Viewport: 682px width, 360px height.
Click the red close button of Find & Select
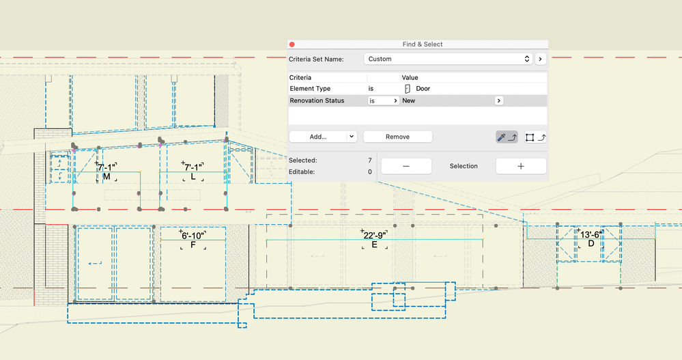292,44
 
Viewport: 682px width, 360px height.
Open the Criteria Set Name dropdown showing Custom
448,59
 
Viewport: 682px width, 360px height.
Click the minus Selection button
406,166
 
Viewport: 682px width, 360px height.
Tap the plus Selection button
521,166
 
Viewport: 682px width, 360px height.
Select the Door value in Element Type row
423,88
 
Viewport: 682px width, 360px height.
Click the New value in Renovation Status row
408,100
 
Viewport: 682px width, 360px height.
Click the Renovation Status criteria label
317,100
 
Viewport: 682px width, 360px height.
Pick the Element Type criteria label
310,88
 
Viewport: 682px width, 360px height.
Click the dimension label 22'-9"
374,235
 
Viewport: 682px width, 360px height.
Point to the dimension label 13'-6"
591,234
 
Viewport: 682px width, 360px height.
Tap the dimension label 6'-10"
193,236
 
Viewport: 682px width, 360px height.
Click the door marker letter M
106,177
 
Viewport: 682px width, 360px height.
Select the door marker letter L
193,177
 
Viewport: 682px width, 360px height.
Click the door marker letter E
374,245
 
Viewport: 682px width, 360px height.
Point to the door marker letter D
591,244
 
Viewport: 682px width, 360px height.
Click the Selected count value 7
370,161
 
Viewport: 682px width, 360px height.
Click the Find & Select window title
423,44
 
